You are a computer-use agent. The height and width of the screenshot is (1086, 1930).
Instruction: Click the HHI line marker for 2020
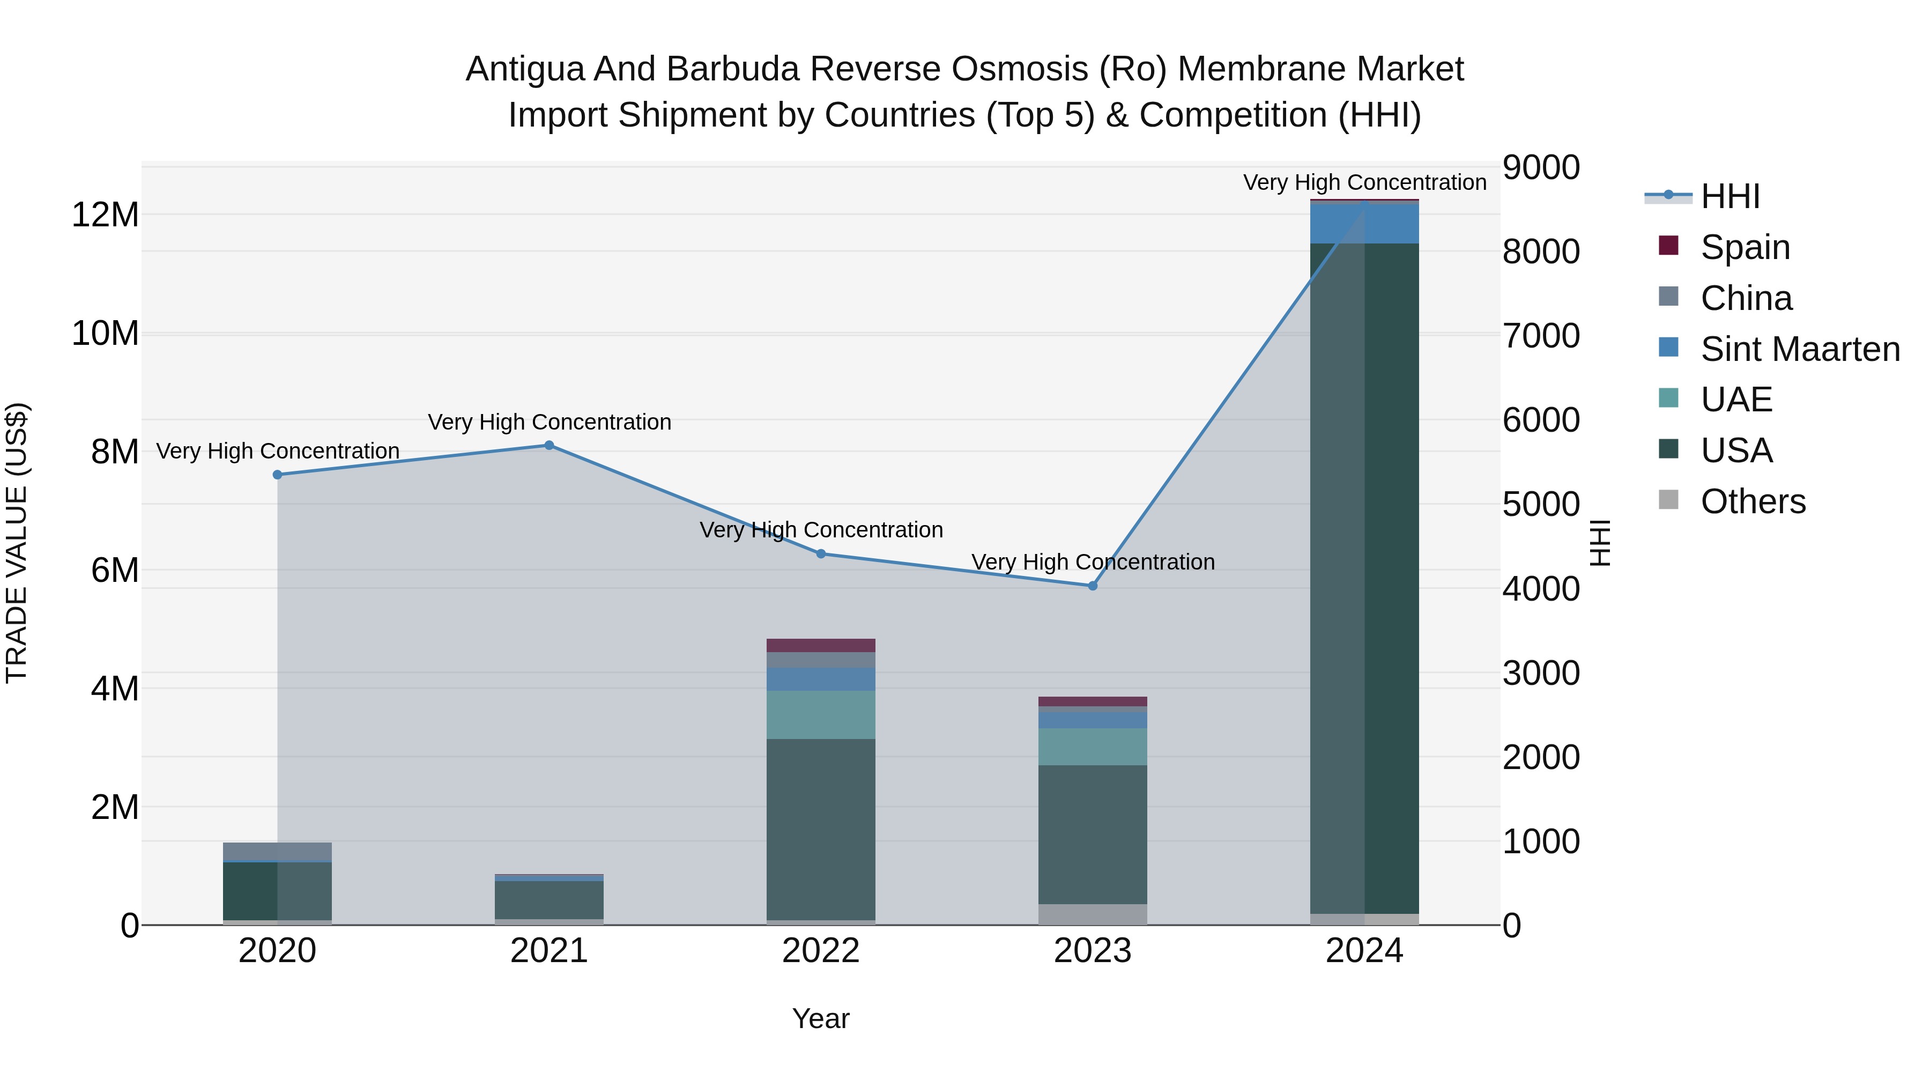277,475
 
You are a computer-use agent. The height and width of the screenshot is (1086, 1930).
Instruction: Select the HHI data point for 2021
549,445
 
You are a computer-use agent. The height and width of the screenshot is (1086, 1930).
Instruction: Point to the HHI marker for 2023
1093,585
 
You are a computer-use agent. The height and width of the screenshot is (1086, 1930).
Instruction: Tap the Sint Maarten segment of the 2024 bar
1364,223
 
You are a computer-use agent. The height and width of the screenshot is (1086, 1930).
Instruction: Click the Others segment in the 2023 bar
1093,914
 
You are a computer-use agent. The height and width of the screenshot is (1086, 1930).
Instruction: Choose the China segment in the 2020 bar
277,852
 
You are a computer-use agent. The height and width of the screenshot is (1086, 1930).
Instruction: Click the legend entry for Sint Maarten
1800,349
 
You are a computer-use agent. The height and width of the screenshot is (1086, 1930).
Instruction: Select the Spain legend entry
1745,247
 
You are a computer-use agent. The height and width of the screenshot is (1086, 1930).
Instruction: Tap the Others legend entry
1753,501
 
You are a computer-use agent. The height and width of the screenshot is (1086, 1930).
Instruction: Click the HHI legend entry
1730,196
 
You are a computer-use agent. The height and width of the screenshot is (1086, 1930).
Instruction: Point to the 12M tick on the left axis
105,215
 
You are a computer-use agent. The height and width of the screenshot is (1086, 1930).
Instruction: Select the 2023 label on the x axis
1093,951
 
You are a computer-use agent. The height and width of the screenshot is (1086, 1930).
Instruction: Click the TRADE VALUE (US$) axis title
17,543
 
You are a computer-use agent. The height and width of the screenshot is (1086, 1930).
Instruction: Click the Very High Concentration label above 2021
549,422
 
